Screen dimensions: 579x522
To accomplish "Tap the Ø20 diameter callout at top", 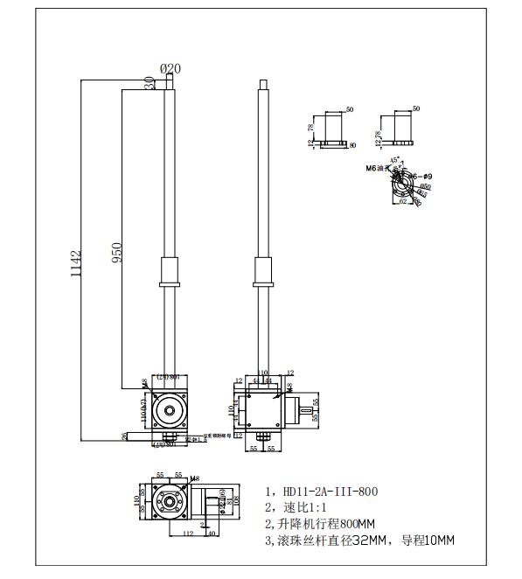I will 171,68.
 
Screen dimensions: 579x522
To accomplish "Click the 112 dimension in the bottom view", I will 187,533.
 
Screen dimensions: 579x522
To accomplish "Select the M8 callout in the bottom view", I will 194,479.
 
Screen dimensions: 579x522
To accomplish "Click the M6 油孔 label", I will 376,168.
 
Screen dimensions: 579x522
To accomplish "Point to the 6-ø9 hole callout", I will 421,177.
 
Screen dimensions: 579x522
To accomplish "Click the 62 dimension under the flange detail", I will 403,201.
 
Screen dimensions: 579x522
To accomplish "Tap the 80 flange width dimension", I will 353,145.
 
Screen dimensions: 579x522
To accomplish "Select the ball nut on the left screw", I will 168,271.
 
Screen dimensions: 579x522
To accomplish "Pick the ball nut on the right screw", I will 262,271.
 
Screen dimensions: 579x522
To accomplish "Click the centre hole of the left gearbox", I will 167,408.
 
